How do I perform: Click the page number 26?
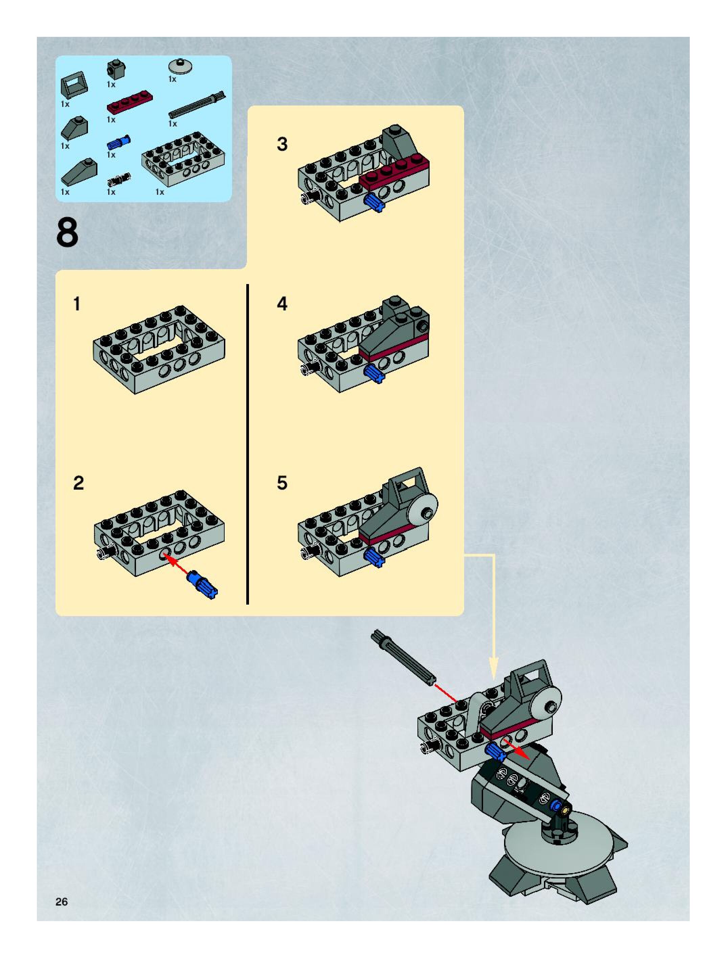62,901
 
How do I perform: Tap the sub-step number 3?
282,144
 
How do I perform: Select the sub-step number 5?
282,483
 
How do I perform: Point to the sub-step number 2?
79,483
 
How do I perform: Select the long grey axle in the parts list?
197,105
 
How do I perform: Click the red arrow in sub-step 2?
178,566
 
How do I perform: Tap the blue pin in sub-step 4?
374,374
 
